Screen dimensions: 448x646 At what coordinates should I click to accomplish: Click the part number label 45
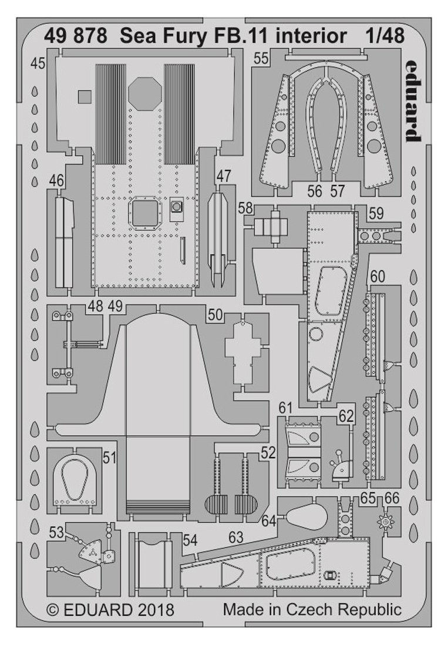coord(38,65)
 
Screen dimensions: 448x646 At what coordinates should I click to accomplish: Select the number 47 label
coord(224,176)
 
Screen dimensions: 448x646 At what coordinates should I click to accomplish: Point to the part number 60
coord(378,277)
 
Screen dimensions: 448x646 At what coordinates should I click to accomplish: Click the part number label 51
coord(109,457)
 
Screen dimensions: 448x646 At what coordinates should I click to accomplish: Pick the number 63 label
coord(236,537)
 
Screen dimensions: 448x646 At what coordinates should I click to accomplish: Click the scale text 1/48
coord(384,36)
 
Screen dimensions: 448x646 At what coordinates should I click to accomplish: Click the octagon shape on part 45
coord(144,93)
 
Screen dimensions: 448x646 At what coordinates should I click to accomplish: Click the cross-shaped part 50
coord(242,351)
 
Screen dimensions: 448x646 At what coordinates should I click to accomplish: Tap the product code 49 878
coord(76,36)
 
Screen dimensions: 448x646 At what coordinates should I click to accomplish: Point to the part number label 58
coord(246,209)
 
